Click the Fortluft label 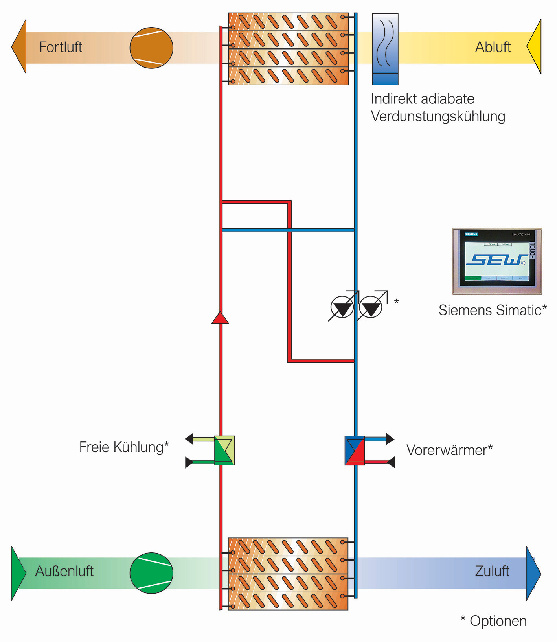pos(61,47)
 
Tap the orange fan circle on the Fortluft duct pos(151,48)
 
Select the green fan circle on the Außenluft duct pos(151,573)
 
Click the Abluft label pos(493,47)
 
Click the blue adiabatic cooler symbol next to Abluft pos(385,49)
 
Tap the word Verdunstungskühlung pos(438,116)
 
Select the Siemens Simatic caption pos(493,310)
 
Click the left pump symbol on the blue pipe pos(342,307)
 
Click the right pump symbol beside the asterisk pos(371,307)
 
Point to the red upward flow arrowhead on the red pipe pos(220,318)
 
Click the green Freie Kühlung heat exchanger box pos(224,450)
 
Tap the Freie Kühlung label pos(124,447)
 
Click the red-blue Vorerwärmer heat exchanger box pos(355,450)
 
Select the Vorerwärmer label pos(449,450)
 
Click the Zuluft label pos(492,571)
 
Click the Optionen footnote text pos(494,621)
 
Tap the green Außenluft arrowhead pos(18,573)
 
